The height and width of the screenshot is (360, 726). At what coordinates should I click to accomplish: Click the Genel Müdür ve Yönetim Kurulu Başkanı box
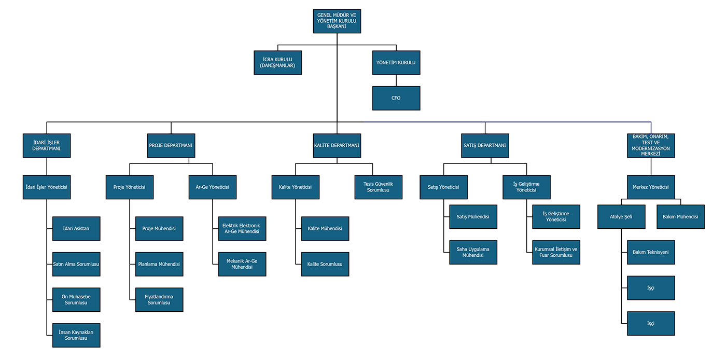click(x=337, y=21)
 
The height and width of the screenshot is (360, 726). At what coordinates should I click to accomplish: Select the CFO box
click(x=396, y=98)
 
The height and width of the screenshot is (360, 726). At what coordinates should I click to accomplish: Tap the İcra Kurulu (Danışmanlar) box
click(x=278, y=63)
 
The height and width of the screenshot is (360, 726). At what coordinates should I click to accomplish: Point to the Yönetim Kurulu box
click(x=396, y=63)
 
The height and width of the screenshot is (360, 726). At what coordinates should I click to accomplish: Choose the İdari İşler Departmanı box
click(x=47, y=145)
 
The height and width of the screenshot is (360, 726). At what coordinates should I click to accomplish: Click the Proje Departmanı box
click(x=171, y=145)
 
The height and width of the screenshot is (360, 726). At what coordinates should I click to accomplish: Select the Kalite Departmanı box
click(x=337, y=145)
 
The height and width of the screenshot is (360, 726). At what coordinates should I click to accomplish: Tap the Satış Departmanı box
click(x=485, y=145)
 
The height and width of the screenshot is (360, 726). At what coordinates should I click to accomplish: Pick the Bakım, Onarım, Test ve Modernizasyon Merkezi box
click(x=651, y=145)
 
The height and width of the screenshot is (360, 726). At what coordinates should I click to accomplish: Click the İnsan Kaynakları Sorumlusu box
click(x=76, y=335)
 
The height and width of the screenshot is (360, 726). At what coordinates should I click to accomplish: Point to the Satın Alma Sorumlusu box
click(x=76, y=264)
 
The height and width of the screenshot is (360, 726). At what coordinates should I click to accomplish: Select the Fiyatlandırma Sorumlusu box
click(x=159, y=300)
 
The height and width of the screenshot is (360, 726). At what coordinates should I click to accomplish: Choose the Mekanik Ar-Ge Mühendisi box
click(x=242, y=264)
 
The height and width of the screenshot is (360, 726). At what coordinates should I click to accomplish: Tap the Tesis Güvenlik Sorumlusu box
click(x=379, y=187)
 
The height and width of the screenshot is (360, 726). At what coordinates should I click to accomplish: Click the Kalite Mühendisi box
click(x=325, y=229)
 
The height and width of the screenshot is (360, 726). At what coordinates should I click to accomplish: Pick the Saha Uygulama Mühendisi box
click(x=473, y=253)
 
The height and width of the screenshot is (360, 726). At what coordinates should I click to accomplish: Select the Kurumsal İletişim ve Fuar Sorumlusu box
click(x=556, y=253)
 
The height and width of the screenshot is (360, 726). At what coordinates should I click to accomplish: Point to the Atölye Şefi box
click(x=621, y=217)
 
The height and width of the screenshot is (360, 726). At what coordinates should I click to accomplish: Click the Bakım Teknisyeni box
click(x=651, y=253)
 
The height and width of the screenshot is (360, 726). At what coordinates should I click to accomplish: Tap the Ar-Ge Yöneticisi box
click(x=213, y=187)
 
